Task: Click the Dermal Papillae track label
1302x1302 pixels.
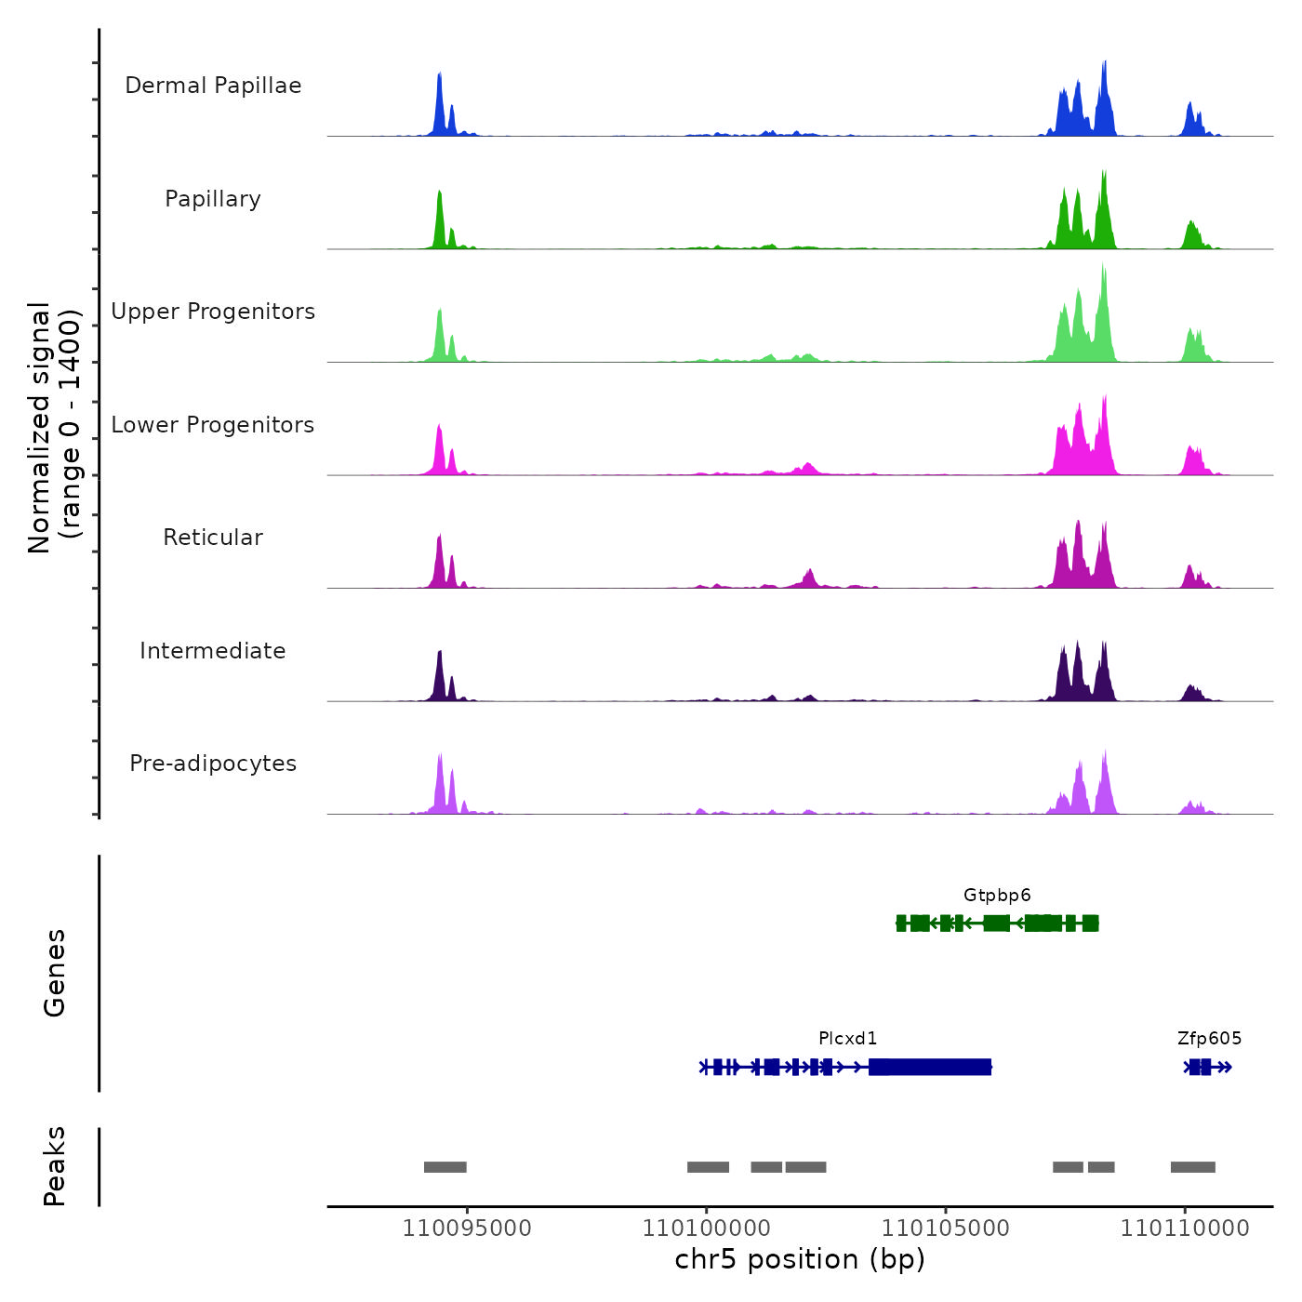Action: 213,86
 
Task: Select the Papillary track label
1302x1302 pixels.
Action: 213,199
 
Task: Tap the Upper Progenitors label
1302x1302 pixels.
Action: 213,312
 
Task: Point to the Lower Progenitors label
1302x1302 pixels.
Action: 213,425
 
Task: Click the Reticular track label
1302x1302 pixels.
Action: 213,538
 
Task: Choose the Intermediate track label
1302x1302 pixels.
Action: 213,651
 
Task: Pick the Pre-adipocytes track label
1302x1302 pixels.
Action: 213,764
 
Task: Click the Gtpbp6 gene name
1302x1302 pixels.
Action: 997,896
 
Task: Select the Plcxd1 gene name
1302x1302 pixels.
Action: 847,1039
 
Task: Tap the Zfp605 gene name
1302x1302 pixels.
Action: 1209,1039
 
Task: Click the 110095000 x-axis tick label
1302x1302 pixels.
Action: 467,1229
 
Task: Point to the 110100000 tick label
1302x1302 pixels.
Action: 707,1229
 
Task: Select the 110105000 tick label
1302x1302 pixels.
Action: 946,1229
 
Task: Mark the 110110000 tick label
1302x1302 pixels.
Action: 1185,1229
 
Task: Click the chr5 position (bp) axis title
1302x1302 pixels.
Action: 800,1260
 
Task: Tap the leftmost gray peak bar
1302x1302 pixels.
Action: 445,1167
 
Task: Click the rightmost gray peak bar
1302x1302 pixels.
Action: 1193,1167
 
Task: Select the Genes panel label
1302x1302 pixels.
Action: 55,973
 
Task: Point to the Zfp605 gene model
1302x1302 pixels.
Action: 1207,1067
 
